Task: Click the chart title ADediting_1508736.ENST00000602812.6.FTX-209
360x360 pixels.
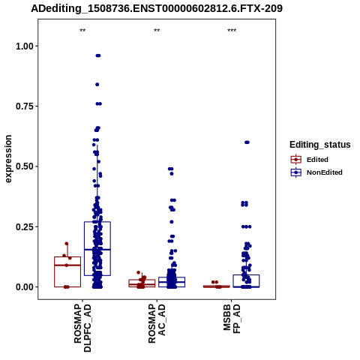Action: pos(157,8)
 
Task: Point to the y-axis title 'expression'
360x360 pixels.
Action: pos(8,159)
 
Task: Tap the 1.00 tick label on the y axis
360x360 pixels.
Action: pos(25,46)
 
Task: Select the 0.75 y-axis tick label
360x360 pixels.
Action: pos(25,106)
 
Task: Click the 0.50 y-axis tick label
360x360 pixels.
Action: pos(25,166)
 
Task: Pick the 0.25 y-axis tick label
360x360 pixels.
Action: pos(25,226)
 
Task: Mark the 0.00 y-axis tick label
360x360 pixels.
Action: pos(25,287)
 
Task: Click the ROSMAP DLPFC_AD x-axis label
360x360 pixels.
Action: pos(82,328)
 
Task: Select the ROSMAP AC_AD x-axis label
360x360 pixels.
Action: pos(157,323)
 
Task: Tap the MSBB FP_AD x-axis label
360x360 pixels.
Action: pos(232,319)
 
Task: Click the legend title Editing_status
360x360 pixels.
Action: pos(320,145)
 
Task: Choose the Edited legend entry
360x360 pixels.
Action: pos(310,160)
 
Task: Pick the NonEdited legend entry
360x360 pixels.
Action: pos(316,172)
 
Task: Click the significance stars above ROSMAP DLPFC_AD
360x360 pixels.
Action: pos(82,31)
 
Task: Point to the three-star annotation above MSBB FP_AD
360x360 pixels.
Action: pos(232,31)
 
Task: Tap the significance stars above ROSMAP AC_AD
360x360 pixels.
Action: pos(157,31)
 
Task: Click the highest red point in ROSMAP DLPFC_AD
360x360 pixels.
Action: pos(67,244)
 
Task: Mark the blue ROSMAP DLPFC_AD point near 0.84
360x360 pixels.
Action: pos(97,85)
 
